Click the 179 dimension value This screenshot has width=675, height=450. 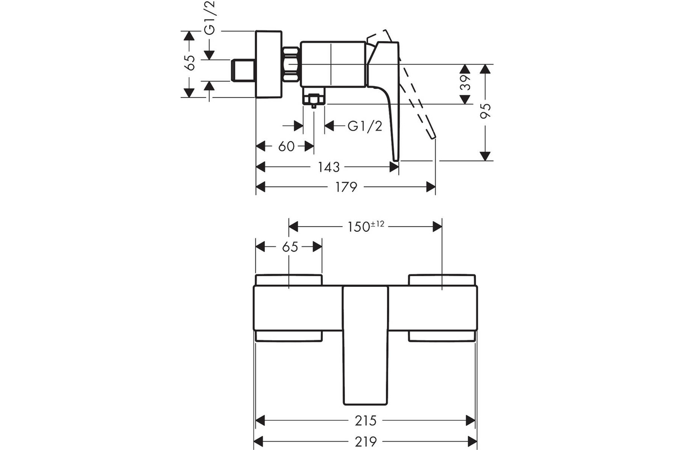pos(346,187)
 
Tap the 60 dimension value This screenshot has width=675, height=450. pos(286,146)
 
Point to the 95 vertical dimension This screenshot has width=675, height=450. pos(487,110)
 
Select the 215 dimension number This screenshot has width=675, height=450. pos(366,420)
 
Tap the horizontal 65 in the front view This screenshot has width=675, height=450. pos(290,247)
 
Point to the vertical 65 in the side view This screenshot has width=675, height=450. pos(190,62)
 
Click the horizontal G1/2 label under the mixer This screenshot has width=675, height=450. pos(364,126)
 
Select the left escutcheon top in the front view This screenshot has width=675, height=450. pos(289,280)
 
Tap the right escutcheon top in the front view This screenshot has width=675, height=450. pos(442,280)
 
